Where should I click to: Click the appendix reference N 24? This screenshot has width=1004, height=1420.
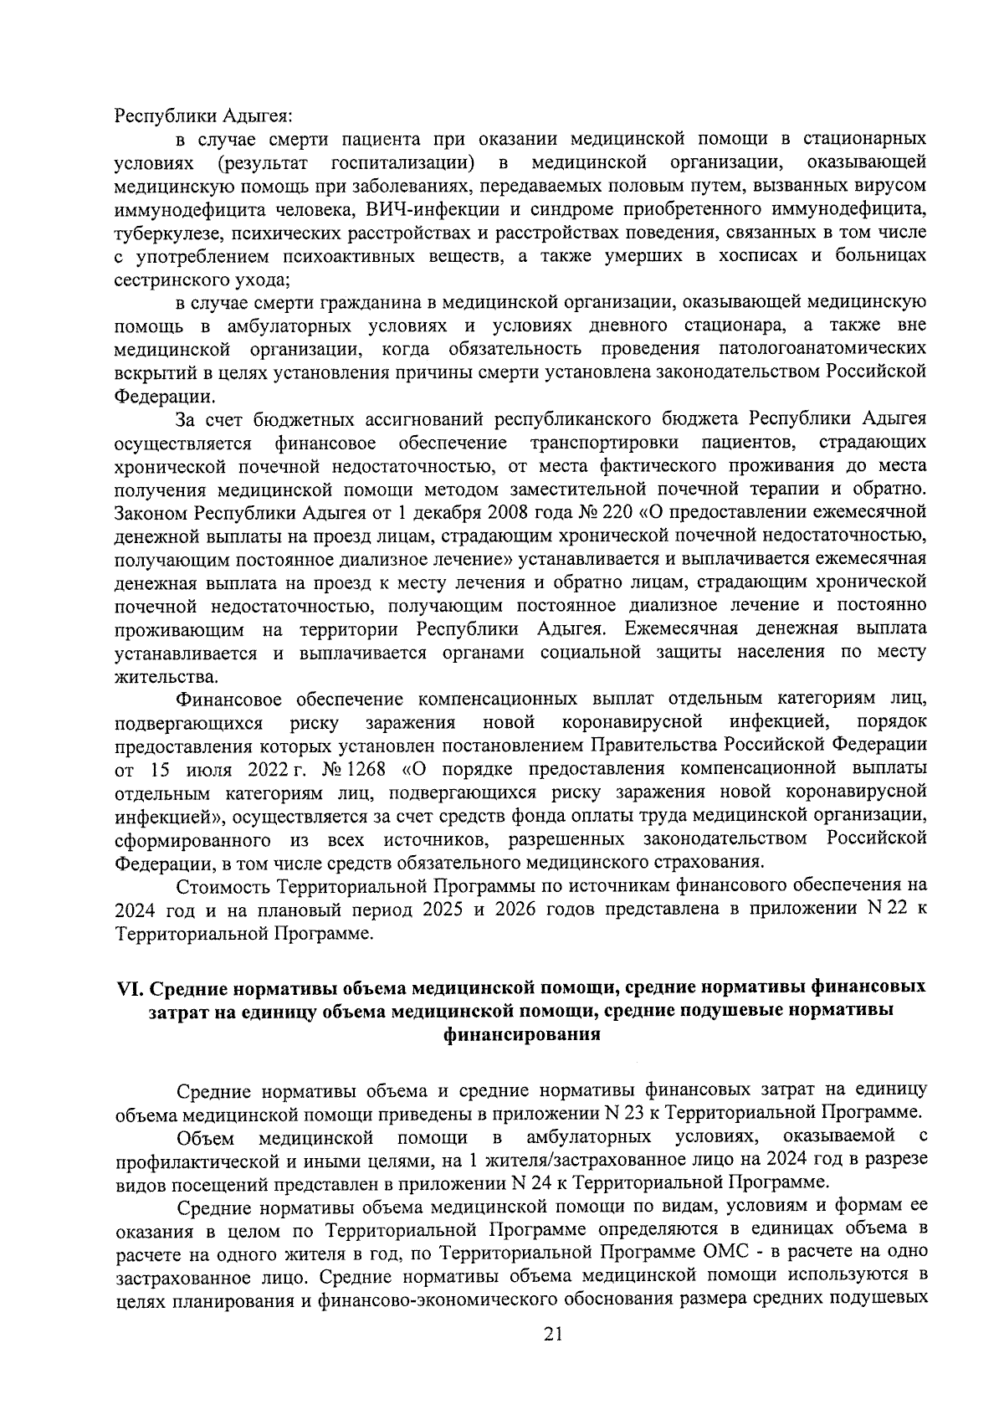(524, 1182)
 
